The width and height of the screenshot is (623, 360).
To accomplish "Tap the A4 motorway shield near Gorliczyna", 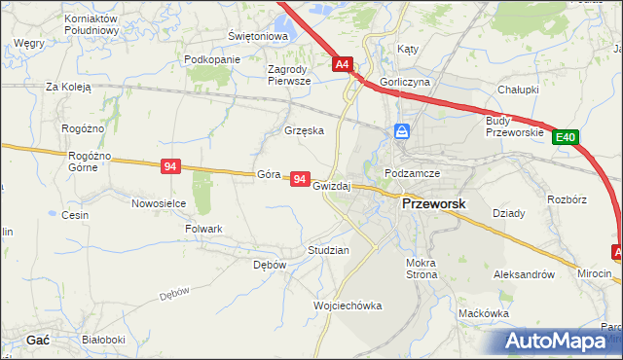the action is point(343,65).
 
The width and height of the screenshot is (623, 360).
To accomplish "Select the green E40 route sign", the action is point(567,139).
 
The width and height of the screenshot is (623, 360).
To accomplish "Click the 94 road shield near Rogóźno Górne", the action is point(170,167).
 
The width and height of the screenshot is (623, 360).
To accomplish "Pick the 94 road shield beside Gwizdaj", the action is point(300,180).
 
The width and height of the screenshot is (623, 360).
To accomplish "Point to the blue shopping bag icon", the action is point(402,131).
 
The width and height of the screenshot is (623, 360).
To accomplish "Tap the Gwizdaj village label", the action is point(332,185).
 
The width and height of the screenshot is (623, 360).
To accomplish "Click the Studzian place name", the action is point(328,250).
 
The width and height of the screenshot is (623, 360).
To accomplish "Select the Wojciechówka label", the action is point(348,306).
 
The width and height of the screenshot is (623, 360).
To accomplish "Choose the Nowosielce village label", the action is point(159,203).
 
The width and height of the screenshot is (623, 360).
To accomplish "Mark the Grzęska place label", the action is point(303,130).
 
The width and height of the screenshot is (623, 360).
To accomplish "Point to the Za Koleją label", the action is point(68,87).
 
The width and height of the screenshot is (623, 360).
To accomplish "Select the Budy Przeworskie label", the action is point(513,126).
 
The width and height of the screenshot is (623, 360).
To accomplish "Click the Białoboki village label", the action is point(103,340).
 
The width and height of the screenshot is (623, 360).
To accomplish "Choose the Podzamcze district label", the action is point(413,172).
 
